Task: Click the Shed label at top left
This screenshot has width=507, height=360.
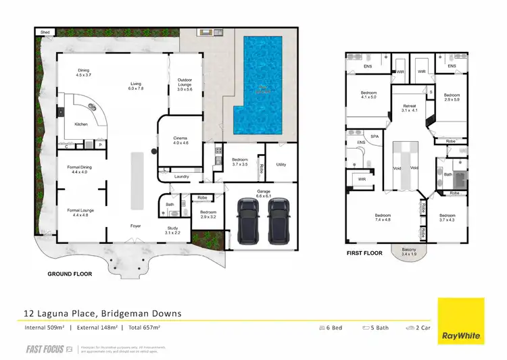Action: (45, 32)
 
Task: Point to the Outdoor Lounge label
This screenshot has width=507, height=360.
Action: (185, 84)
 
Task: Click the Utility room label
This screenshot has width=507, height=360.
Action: (281, 164)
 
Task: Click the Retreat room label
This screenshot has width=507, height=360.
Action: (410, 107)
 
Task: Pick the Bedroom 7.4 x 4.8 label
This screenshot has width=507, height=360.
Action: (384, 217)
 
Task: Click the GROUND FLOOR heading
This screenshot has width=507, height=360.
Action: (70, 274)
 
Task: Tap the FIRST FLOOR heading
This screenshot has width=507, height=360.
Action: (364, 253)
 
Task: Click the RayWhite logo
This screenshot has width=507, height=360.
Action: (460, 321)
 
